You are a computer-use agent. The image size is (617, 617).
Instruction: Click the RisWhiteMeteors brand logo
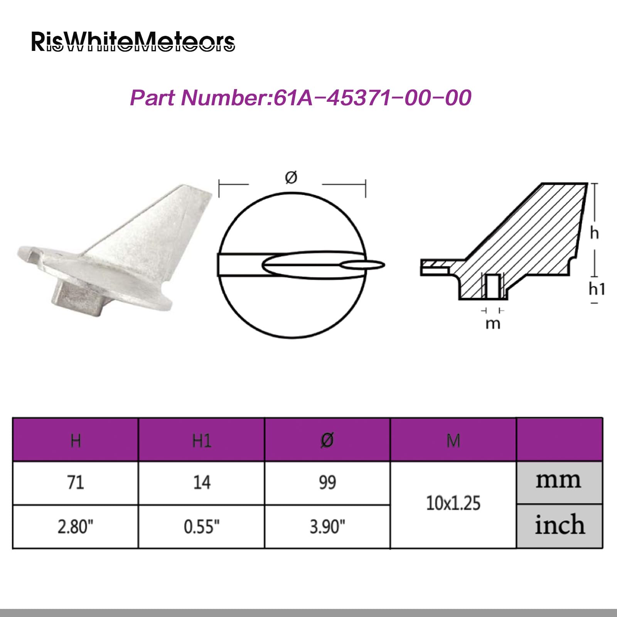pos(133,42)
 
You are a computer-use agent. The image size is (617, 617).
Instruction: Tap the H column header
pos(76,440)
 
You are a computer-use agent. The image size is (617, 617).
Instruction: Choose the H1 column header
pos(202,440)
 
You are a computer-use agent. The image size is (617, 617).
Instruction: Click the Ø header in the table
pos(327,440)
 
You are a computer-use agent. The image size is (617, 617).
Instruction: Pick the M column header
pos(453,440)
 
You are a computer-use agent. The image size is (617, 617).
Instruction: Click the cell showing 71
pos(76,482)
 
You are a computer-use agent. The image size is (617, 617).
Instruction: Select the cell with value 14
pos(202,482)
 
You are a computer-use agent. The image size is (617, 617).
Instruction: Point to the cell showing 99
pos(327,482)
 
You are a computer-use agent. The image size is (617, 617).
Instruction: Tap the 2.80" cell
pos(76,526)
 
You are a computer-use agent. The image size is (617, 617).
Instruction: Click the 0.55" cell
pos(202,526)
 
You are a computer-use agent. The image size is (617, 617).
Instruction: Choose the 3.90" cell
pos(327,526)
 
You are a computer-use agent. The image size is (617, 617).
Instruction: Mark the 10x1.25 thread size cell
pos(453,504)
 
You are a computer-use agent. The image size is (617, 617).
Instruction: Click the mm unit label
pos(558,480)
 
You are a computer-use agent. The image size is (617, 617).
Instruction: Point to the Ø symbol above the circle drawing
pos(291,177)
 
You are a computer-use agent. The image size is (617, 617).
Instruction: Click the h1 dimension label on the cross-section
pos(597,289)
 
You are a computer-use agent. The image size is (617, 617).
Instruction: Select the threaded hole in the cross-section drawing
pos(492,286)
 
